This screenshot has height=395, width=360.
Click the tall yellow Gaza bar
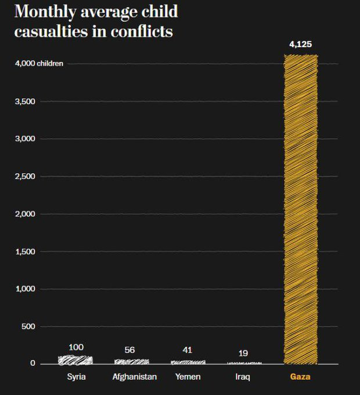coord(301,209)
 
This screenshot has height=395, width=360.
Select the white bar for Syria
coord(75,360)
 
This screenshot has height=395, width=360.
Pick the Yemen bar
coord(187,362)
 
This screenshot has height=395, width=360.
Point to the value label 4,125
coord(301,44)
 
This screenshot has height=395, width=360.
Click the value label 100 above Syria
coord(76,347)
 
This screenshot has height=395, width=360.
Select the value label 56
coord(129,350)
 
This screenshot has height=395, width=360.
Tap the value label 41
coord(186,350)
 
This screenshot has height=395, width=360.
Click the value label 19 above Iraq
coord(243,353)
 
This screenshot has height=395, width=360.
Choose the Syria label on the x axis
coord(76,377)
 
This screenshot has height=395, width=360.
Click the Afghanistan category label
coord(134,377)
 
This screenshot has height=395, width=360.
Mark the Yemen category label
coord(188,377)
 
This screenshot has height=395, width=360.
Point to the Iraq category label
coord(243,377)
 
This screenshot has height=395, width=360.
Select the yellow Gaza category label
coord(300,377)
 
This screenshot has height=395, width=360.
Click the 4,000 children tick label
coord(39,63)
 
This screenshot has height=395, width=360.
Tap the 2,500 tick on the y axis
coord(26,176)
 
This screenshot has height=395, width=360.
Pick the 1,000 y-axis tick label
coord(26,289)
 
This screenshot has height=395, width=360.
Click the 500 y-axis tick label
coord(29,326)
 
